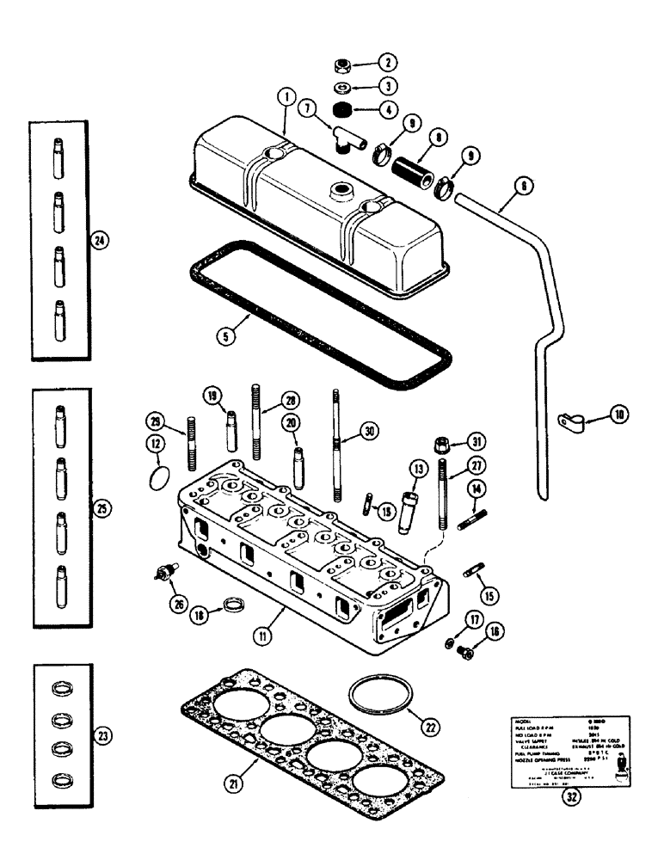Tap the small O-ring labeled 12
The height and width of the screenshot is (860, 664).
click(x=155, y=474)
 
